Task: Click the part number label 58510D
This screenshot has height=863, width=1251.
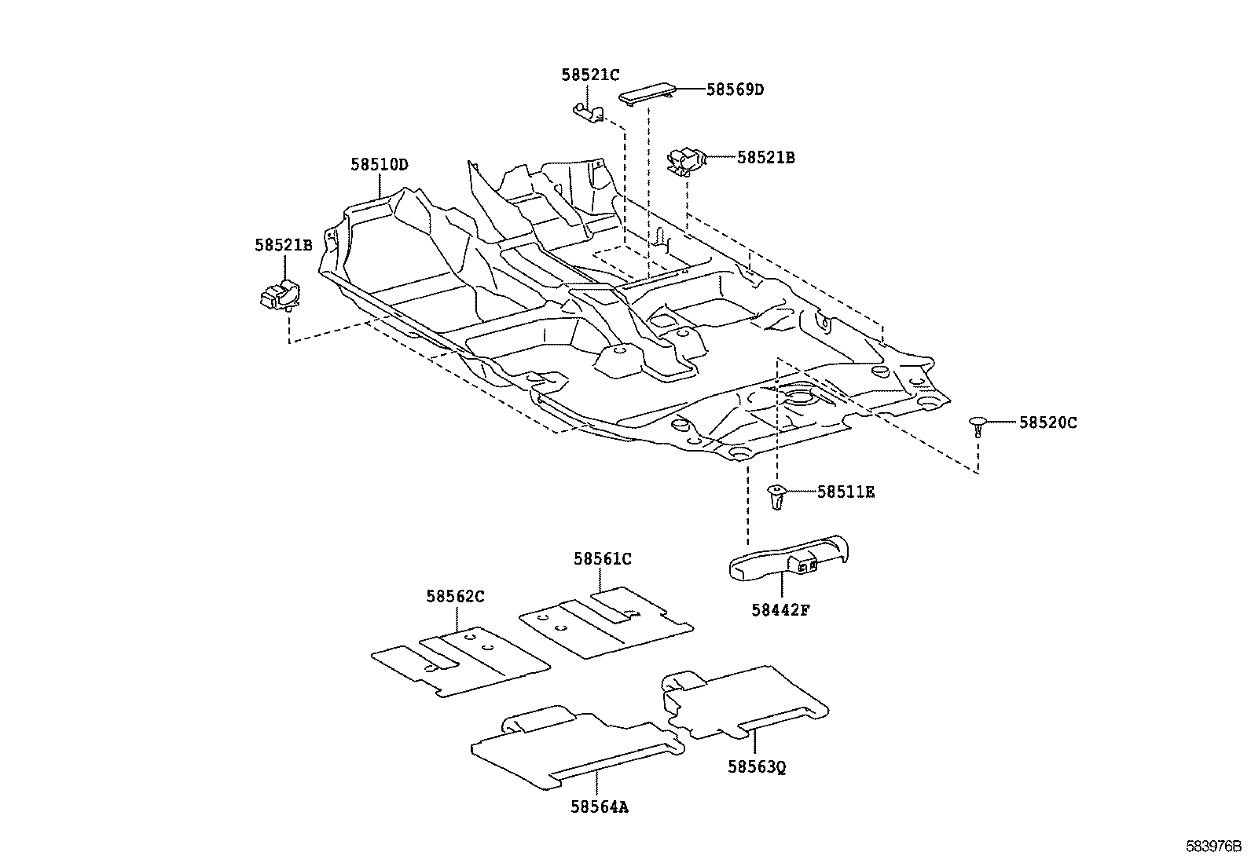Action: coord(380,165)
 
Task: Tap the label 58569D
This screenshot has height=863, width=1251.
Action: coord(735,90)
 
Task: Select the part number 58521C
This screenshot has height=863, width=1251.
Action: coord(590,75)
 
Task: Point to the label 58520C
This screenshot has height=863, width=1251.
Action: coord(1047,422)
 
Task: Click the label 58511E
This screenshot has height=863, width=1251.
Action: coord(846,492)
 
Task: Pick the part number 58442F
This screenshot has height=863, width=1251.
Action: coord(780,610)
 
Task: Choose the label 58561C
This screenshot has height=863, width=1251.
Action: coord(603,559)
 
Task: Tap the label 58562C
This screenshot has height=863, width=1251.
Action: coord(455,597)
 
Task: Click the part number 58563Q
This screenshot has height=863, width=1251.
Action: coord(756,767)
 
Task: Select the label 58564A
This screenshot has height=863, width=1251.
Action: coord(600,807)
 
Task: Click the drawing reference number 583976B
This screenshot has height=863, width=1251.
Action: coord(1213,847)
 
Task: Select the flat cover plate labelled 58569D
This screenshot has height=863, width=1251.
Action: coord(648,93)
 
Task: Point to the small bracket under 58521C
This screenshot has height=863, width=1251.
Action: coord(589,112)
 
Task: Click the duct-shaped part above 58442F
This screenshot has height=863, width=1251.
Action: coord(789,557)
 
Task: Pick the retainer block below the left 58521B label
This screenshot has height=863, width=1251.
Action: coord(280,294)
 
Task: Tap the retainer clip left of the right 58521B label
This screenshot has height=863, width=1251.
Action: coord(687,161)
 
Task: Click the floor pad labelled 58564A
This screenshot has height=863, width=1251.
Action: coord(578,748)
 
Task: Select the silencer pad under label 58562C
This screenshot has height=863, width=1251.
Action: coord(460,661)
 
